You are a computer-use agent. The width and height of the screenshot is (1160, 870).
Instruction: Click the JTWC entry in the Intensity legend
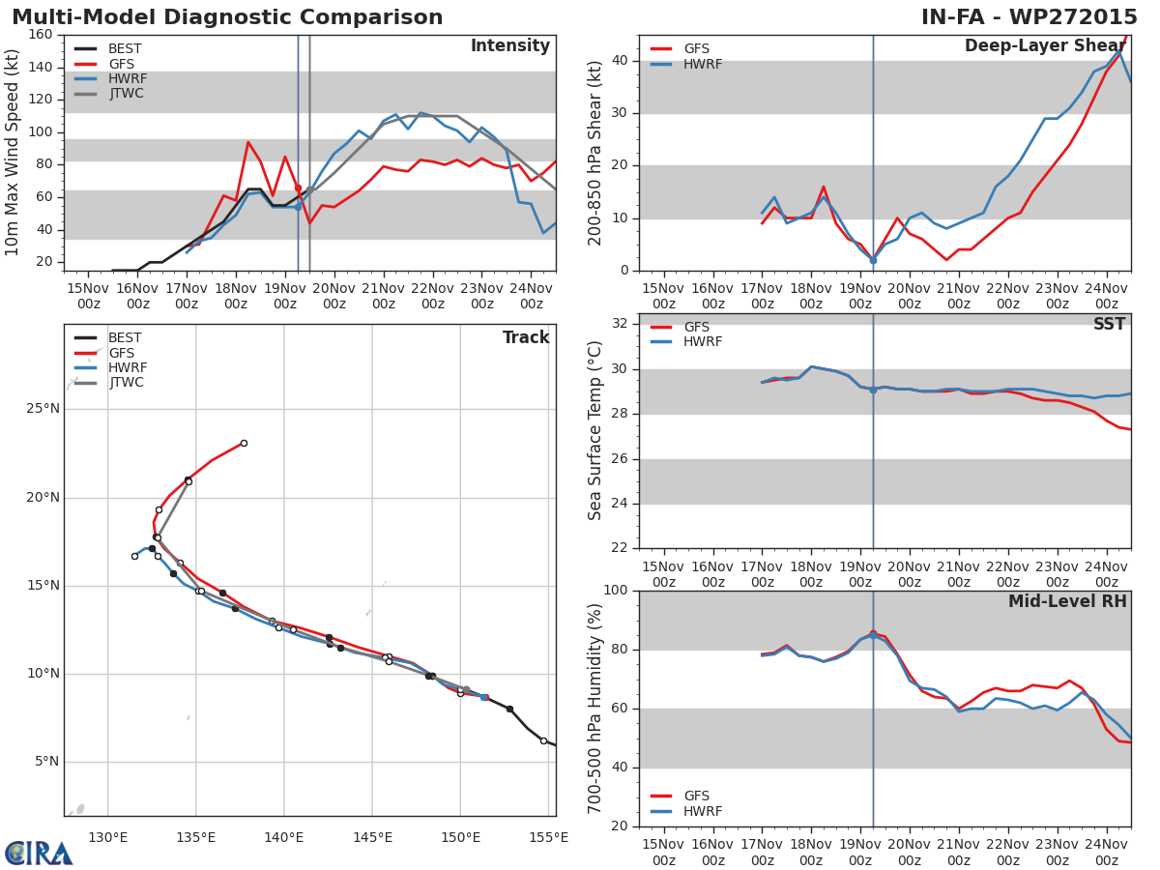tap(126, 94)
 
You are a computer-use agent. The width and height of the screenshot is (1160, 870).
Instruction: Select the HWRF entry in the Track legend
tap(127, 368)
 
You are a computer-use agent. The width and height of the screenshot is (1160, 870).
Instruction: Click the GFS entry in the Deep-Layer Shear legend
tap(696, 49)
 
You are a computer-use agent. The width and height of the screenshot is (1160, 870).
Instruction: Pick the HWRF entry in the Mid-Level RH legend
tap(702, 812)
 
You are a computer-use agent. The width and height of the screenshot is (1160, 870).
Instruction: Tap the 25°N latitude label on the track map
tap(41, 409)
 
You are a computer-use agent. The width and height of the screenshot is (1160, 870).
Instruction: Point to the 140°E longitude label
tap(284, 837)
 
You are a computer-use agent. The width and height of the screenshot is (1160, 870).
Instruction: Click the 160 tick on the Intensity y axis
tap(41, 35)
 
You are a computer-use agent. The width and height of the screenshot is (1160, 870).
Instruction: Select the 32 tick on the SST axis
tap(620, 324)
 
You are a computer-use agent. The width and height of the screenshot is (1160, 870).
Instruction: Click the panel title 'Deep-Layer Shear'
tap(1044, 46)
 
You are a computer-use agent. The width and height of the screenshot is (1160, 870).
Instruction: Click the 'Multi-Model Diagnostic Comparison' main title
tap(227, 17)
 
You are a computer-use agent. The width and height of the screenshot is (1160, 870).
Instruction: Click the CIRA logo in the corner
tap(39, 853)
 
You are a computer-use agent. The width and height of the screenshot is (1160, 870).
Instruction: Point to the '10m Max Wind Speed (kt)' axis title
tap(13, 153)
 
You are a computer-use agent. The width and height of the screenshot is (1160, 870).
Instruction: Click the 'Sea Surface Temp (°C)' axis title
tap(595, 430)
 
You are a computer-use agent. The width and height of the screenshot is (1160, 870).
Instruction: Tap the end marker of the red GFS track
tap(244, 443)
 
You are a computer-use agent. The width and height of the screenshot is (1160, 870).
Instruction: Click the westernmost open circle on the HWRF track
tap(134, 556)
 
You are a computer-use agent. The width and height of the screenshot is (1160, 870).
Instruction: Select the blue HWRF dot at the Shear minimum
tap(873, 260)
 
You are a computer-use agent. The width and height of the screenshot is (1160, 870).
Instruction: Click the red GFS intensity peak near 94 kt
tap(248, 142)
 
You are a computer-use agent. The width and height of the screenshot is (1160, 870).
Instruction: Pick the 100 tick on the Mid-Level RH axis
tap(615, 591)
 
